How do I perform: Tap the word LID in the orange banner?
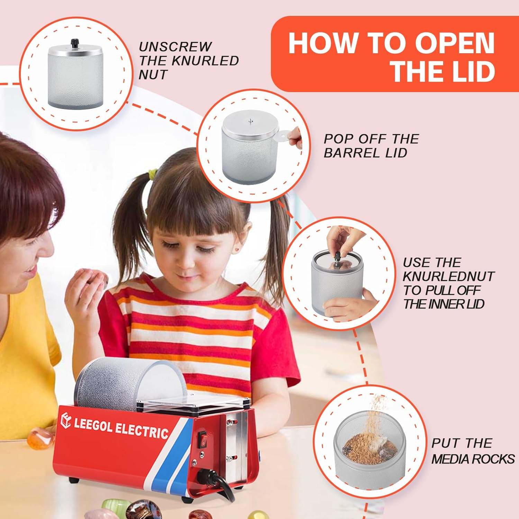(x=468, y=71)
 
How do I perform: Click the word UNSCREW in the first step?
(x=175, y=47)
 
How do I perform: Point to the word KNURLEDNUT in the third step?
(x=448, y=276)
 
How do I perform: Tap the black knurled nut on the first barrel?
(x=74, y=44)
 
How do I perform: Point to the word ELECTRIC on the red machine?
(x=142, y=430)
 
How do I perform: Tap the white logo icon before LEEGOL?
(x=66, y=420)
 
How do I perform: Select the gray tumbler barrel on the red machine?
(x=128, y=384)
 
